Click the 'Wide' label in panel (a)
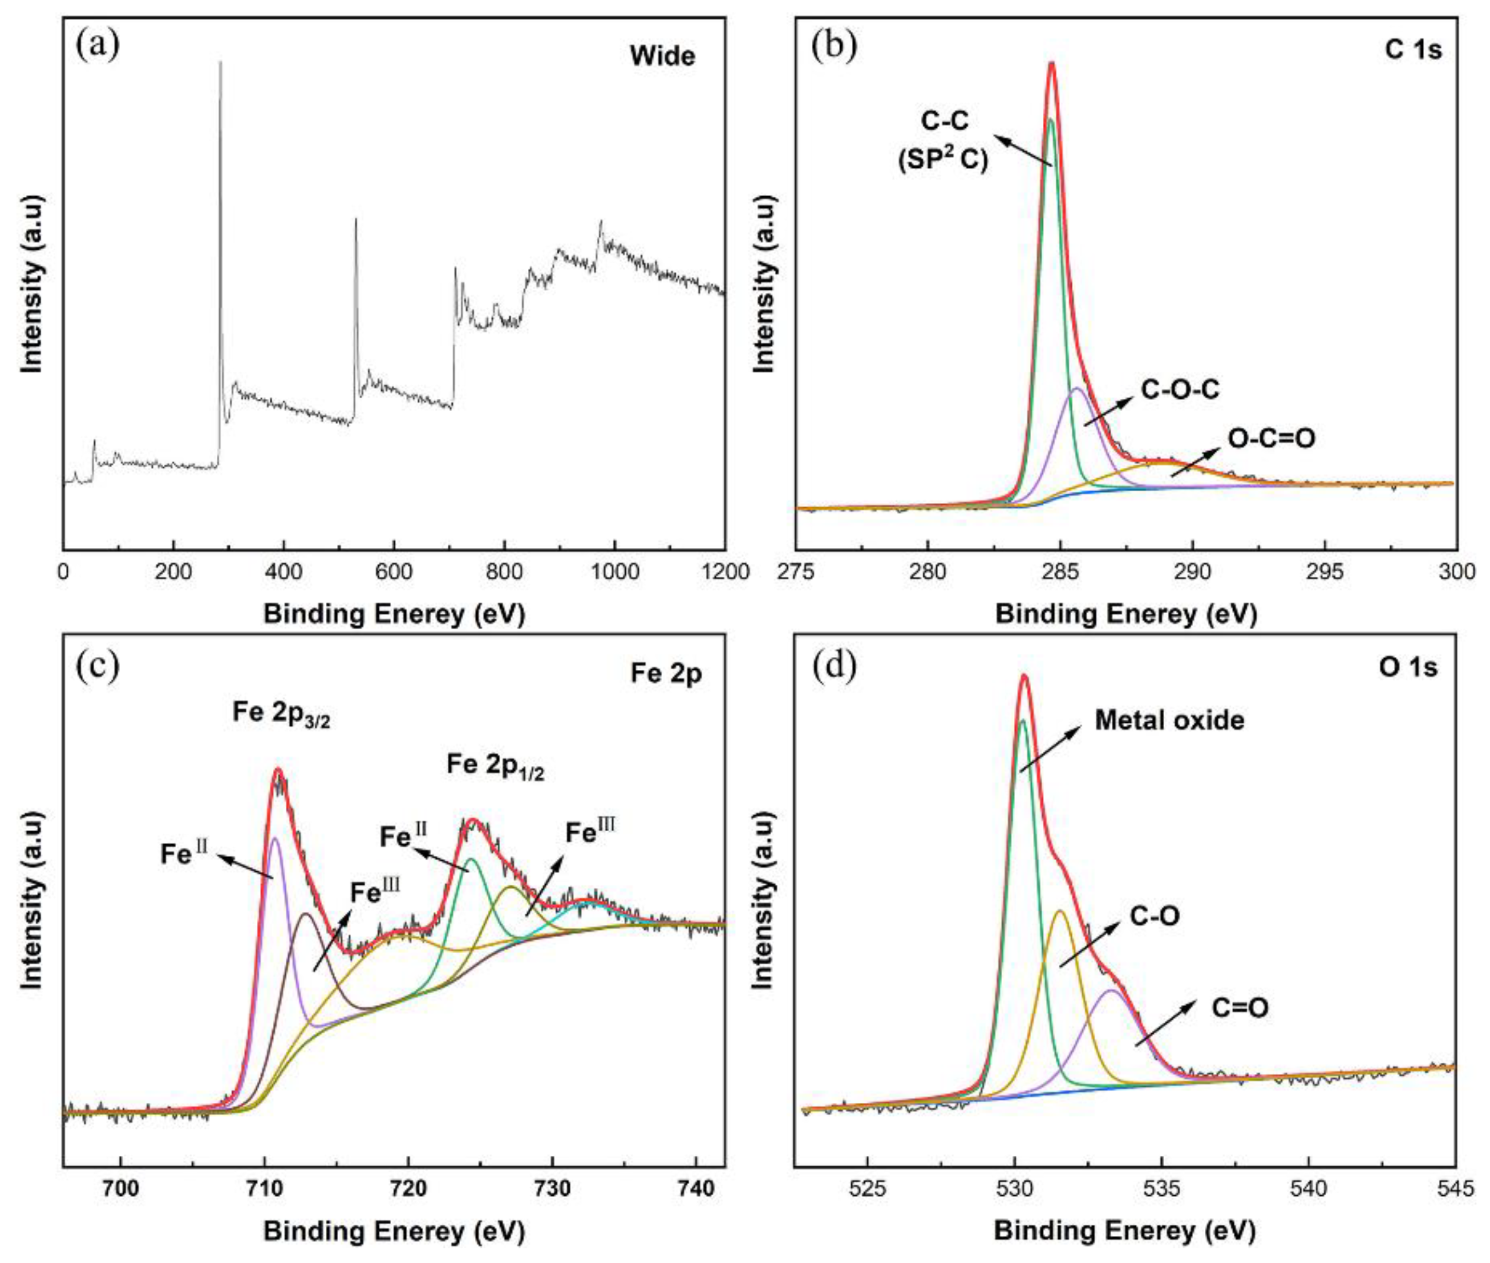pyautogui.click(x=662, y=56)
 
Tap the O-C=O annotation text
pyautogui.click(x=1271, y=438)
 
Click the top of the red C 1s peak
pyautogui.click(x=1052, y=64)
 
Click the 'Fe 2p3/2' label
pyautogui.click(x=280, y=714)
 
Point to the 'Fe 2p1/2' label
pyautogui.click(x=495, y=765)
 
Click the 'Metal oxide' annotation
pyautogui.click(x=1169, y=720)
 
